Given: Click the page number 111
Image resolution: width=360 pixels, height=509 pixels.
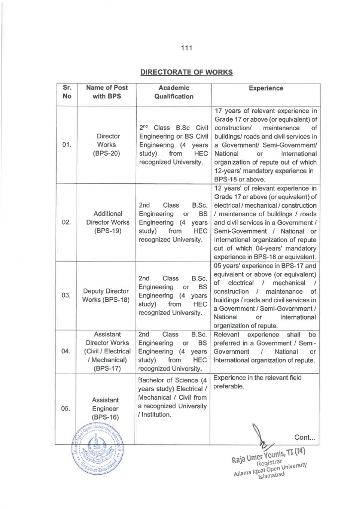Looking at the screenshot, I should click(x=186, y=48).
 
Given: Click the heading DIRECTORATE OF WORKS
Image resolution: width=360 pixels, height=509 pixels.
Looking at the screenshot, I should click(x=186, y=72).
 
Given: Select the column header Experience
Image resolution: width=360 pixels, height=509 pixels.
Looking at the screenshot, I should click(x=267, y=88).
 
